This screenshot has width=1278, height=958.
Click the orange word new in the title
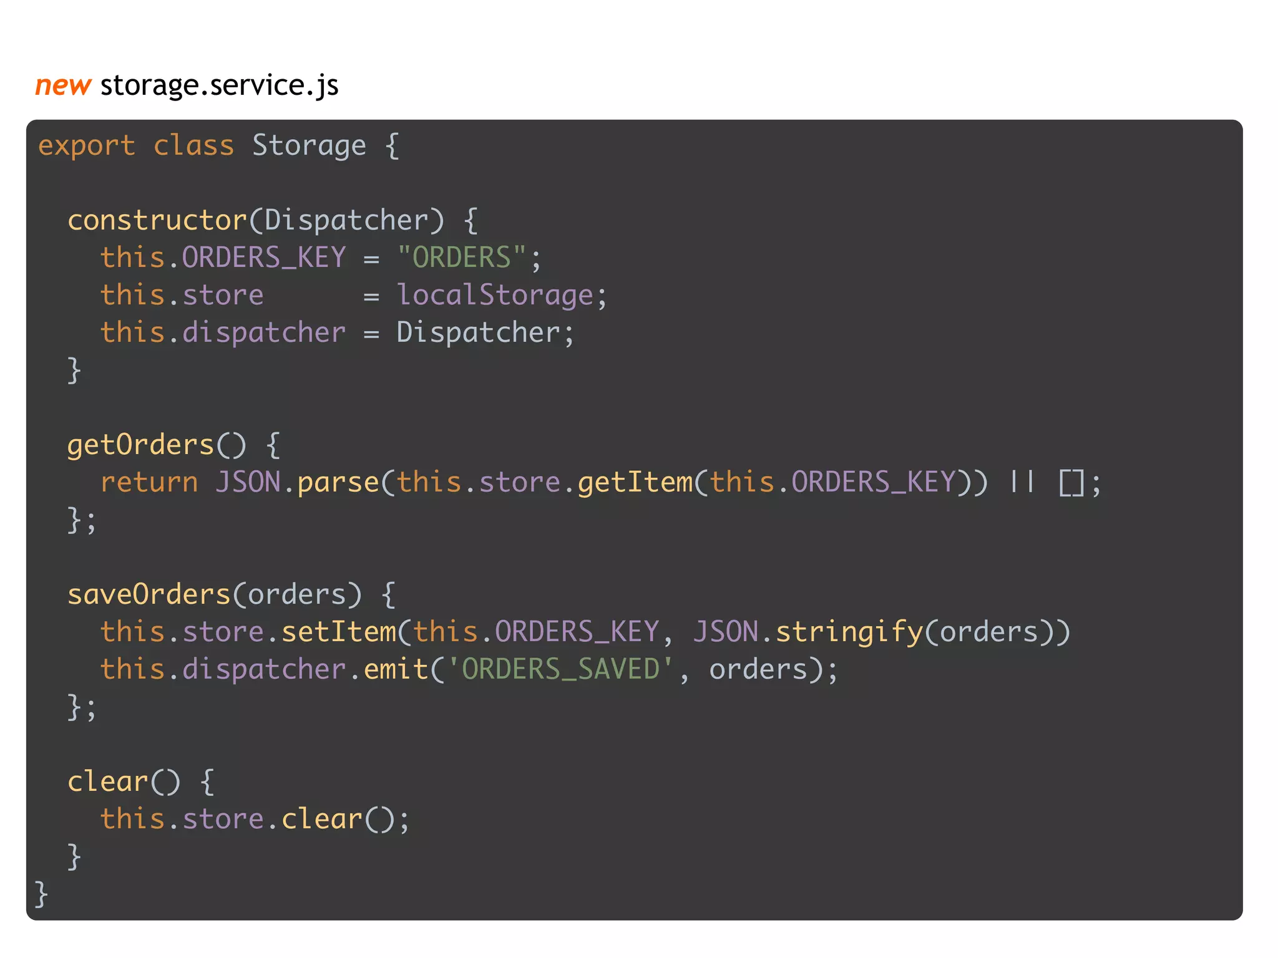click(x=63, y=85)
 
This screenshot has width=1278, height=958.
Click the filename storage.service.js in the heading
click(x=219, y=85)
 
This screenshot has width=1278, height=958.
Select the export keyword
click(x=87, y=147)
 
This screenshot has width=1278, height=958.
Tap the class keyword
click(x=193, y=147)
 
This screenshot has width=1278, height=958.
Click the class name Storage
click(x=309, y=147)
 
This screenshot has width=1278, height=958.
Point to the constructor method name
click(x=157, y=221)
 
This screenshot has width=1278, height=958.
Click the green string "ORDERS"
click(x=462, y=258)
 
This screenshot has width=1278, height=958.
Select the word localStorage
click(x=495, y=295)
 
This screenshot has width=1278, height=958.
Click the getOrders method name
click(x=140, y=445)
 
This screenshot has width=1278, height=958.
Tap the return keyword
click(x=149, y=483)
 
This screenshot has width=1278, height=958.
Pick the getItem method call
click(x=635, y=483)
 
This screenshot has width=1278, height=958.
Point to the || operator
click(x=1022, y=481)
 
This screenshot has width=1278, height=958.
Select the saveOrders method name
click(x=149, y=595)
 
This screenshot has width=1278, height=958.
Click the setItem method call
click(x=338, y=632)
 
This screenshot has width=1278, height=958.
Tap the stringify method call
click(x=849, y=632)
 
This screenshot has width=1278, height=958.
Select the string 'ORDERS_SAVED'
click(x=560, y=670)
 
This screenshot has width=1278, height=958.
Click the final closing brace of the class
click(x=41, y=894)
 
